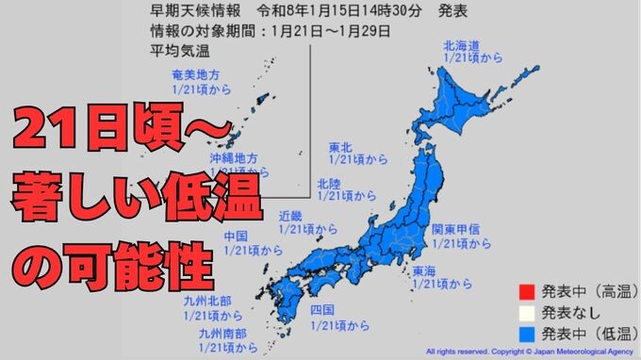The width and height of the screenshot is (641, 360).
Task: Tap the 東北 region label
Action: pos(340,147)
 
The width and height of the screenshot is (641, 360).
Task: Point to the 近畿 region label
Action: pos(290,216)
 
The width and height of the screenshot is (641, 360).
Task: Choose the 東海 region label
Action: pos(424,271)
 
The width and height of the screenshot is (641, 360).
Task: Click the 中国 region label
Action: pos(237,237)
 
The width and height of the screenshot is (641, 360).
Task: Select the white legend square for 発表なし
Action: pos(526,311)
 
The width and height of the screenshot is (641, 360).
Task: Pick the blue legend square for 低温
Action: pos(526,332)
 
